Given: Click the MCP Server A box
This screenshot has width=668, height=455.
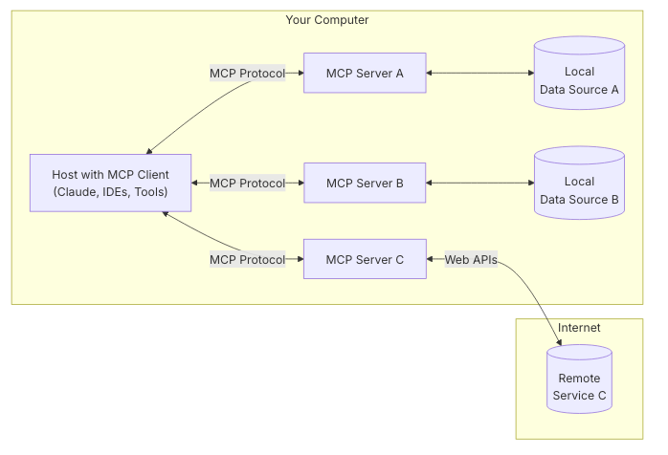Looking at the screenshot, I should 365,73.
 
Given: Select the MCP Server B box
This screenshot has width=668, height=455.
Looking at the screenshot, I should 365,183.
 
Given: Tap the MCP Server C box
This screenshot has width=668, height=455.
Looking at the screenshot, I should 365,259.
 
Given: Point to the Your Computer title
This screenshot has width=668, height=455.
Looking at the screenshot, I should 326,20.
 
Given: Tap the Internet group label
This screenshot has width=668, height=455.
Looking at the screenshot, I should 578,328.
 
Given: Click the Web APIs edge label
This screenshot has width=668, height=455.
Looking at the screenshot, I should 471,259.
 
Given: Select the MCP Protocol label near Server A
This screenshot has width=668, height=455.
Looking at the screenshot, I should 247,73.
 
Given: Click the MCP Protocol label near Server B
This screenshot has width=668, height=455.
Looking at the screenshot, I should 247,183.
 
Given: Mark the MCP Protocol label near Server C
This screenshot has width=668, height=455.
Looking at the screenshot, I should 247,259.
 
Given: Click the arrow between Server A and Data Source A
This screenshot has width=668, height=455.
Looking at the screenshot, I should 479,73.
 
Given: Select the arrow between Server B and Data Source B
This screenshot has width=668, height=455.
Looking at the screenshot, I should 479,183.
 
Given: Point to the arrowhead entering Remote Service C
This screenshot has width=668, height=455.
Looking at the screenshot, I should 559,341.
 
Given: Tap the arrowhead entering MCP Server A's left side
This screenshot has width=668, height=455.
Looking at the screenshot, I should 300,73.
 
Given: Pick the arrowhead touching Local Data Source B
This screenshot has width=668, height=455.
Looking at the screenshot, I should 529,183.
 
